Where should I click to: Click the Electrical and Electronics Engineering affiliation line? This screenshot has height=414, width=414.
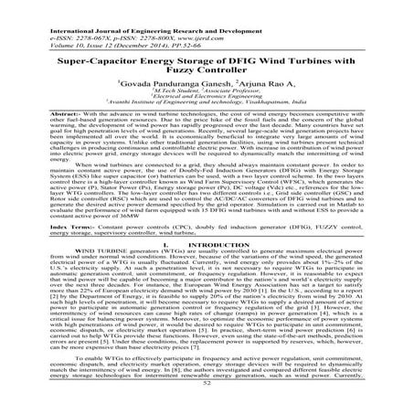point(206,108)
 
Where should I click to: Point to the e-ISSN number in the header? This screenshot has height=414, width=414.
point(67,16)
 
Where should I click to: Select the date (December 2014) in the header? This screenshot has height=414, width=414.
point(127,26)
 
